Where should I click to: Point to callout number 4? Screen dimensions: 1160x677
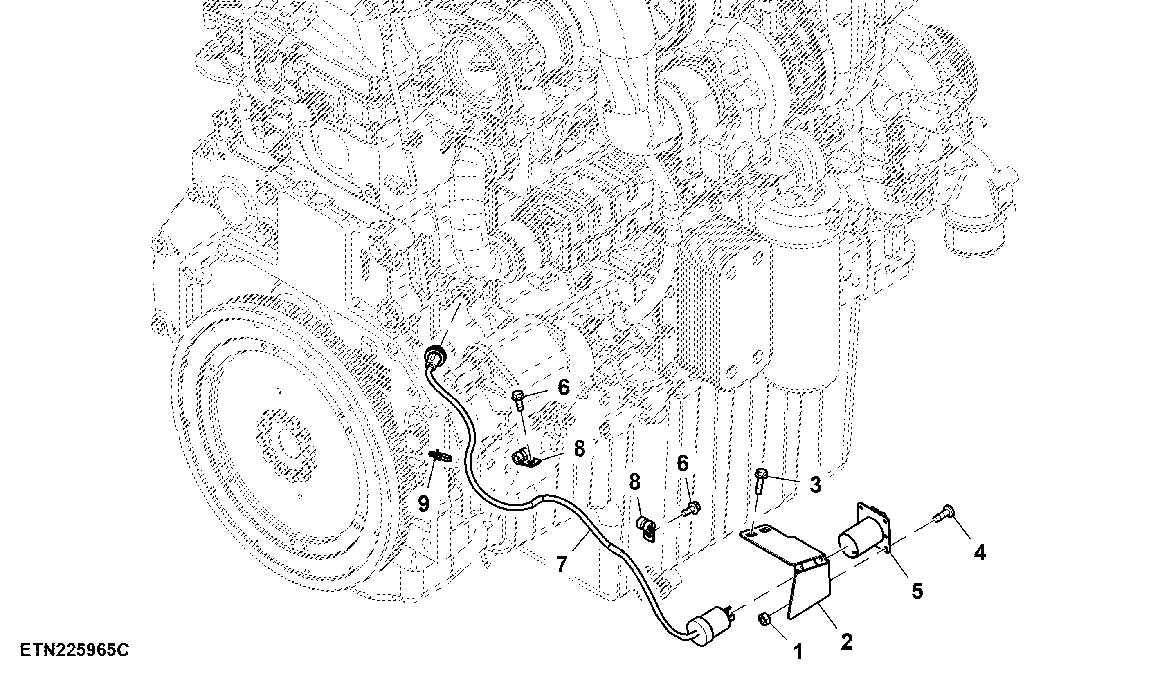click(980, 552)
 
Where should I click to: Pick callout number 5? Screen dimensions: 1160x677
click(917, 591)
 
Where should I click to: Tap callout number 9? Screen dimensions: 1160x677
click(423, 504)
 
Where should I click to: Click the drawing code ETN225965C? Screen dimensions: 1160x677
click(74, 650)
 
